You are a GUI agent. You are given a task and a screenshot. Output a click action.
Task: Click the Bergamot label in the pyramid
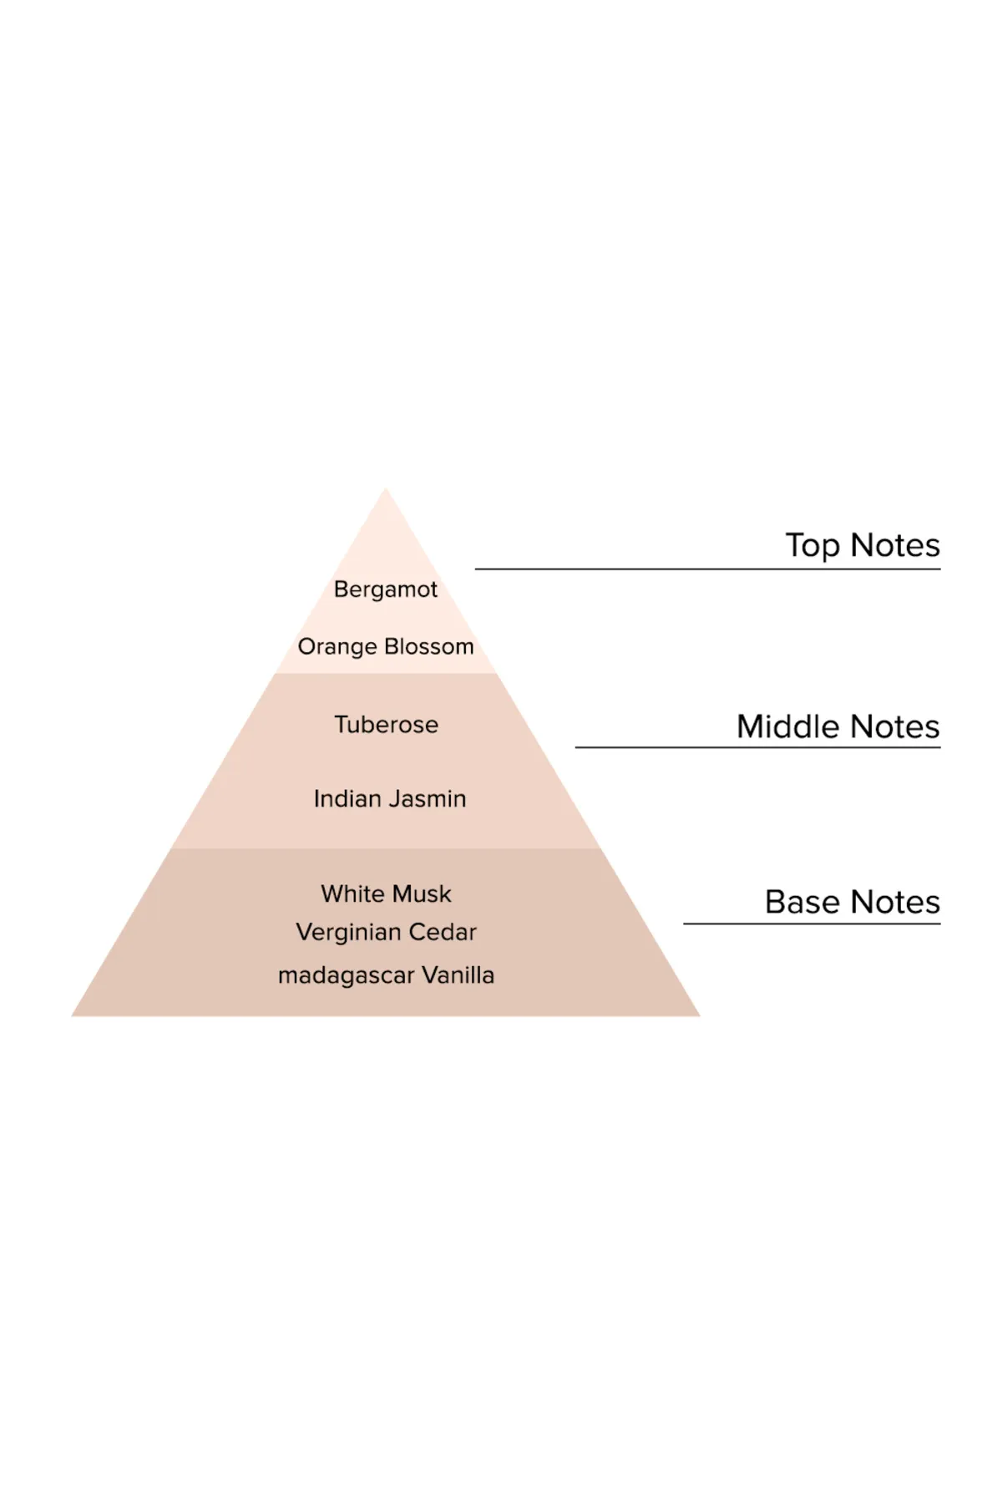386,590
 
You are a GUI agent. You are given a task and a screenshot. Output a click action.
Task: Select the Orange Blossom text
386,647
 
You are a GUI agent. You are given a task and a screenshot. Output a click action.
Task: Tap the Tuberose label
386,724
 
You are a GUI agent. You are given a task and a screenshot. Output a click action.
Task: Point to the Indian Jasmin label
390,799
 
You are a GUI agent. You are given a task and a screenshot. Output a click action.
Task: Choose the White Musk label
386,893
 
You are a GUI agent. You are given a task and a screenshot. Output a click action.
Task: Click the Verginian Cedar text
386,933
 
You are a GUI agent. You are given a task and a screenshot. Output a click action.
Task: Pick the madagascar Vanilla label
386,975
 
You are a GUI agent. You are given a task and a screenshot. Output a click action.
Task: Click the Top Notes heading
863,545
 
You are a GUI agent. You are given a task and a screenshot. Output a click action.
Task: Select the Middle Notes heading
838,726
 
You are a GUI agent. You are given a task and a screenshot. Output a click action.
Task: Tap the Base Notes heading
853,902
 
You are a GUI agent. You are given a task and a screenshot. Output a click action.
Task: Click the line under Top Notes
708,569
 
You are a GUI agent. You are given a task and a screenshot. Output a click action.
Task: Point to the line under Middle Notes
758,747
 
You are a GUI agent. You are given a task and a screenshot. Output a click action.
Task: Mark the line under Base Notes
812,924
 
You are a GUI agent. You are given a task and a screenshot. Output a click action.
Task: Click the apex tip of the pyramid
386,488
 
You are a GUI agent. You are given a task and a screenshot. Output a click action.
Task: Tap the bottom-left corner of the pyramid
72,1015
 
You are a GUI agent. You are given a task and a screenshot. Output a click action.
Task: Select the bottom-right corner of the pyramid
700,1015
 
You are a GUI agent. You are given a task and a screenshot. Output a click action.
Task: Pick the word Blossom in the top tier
429,647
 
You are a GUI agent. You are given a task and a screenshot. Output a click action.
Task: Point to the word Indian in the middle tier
342,799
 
